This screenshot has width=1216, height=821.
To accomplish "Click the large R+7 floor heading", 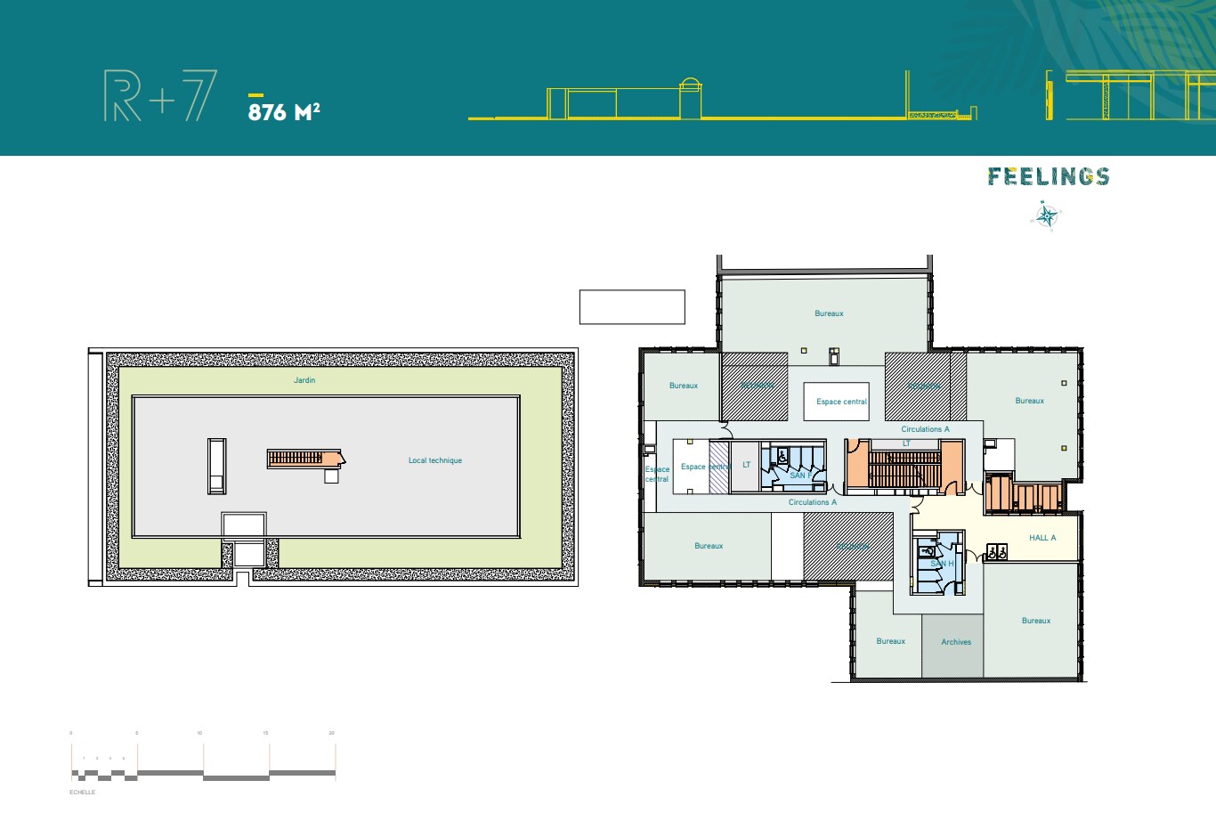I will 160,96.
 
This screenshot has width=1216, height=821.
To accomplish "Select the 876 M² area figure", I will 284,111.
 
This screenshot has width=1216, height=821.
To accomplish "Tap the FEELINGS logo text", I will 1049,176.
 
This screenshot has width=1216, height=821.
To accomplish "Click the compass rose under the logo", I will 1048,215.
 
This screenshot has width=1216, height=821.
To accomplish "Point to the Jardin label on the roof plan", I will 304,380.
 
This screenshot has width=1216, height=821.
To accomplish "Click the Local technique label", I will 435,460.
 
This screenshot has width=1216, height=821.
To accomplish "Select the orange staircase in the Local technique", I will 304,459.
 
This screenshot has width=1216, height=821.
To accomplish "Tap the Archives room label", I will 956,642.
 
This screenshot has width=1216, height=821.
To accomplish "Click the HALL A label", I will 1042,538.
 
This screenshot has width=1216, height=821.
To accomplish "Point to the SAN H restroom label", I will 942,564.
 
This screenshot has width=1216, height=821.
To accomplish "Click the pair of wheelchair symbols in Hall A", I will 997,552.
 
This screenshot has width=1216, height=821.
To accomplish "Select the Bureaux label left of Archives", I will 890,641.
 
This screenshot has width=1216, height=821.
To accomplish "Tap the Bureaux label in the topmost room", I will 829,313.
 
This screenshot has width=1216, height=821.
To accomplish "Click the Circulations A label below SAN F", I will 813,502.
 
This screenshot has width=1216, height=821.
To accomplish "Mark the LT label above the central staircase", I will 906,443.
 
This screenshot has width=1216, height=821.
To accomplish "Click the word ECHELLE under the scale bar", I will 82,792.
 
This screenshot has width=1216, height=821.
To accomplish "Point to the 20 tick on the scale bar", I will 331,733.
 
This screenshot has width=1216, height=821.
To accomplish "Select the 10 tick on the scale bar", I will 199,733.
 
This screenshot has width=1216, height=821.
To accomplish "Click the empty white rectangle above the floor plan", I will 632,306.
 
